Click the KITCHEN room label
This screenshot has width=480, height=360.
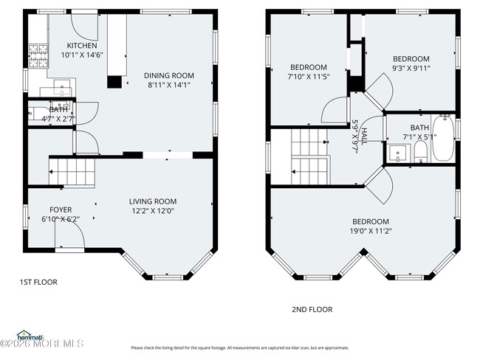81,45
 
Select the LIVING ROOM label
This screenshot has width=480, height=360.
153,201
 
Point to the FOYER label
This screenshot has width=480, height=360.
61,210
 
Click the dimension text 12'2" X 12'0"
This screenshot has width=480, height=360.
153,211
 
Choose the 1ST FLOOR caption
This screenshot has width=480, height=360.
38,282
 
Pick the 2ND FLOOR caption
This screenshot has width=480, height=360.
313,309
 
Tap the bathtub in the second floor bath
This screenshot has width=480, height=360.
444,138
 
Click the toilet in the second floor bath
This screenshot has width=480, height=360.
419,152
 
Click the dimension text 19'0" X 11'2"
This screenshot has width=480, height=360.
370,231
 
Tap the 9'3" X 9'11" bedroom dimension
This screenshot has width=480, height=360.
411,69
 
